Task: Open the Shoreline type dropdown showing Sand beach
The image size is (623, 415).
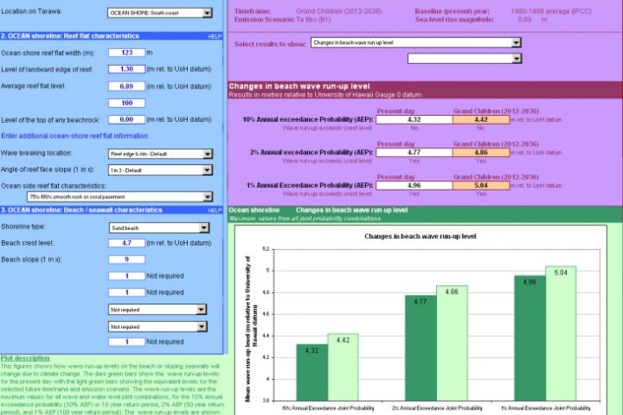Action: click(x=159, y=226)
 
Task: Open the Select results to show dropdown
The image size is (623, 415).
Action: click(x=416, y=41)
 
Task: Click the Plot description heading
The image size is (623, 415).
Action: click(x=26, y=358)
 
